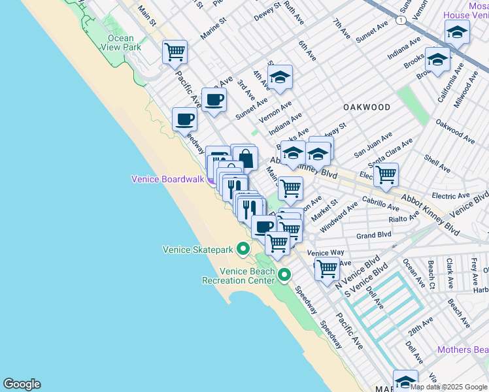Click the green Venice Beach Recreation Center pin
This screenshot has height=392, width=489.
click(x=284, y=275)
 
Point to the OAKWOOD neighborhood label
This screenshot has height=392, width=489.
click(x=367, y=107)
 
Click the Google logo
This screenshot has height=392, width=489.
click(x=22, y=384)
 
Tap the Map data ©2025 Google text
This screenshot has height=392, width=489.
click(x=448, y=387)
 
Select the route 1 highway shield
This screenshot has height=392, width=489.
click(x=399, y=21)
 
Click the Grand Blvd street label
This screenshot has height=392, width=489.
click(x=373, y=235)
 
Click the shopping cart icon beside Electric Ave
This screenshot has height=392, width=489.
click(x=386, y=174)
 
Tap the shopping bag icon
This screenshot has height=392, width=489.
click(x=245, y=158)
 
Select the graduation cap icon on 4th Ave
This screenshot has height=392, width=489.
click(x=280, y=76)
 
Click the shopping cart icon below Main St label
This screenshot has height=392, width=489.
click(x=290, y=188)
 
